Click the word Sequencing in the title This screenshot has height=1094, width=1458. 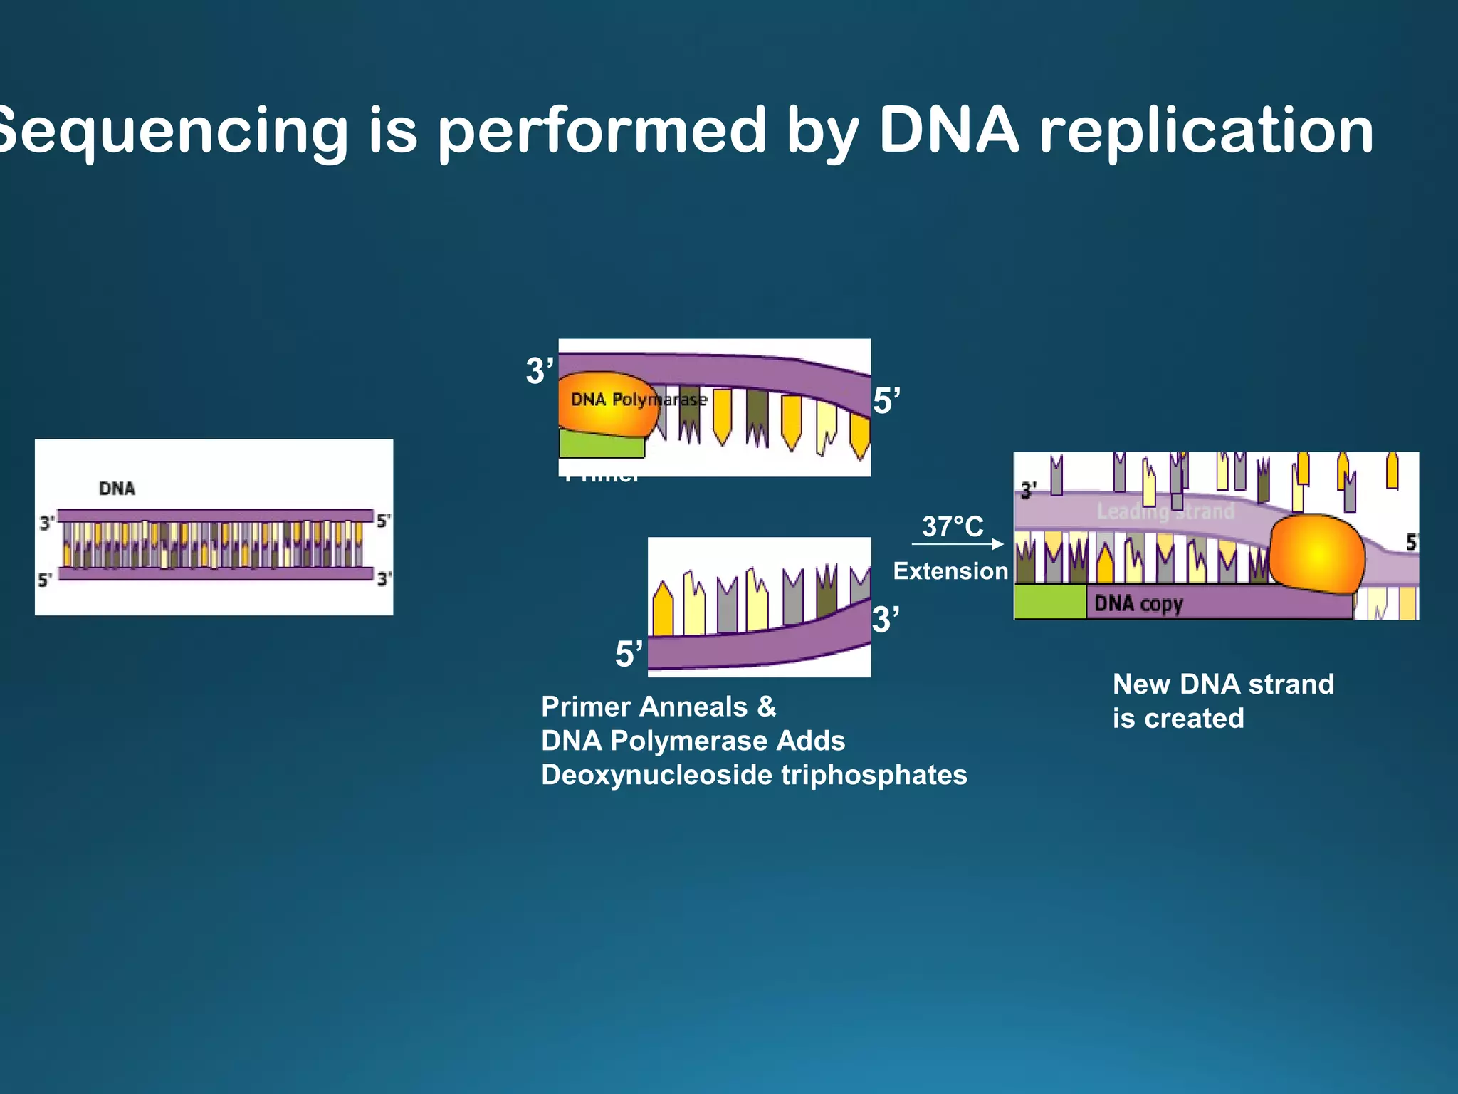point(171,132)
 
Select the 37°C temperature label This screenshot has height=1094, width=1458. point(953,527)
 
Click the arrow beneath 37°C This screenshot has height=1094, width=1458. point(958,544)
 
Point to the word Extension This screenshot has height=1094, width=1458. point(950,571)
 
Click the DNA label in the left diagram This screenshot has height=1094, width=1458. point(117,489)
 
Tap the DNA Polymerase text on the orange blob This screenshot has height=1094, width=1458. point(637,400)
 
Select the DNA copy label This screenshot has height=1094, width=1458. point(1138,604)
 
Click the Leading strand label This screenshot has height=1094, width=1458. point(1165,511)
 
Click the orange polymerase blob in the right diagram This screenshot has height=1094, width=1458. point(1317,553)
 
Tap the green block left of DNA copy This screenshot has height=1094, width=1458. point(1050,602)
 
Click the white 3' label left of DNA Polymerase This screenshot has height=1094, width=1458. point(539,371)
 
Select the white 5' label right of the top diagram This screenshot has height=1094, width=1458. point(886,401)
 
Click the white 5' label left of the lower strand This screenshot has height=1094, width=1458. point(628,654)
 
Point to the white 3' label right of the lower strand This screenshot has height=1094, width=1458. point(886,620)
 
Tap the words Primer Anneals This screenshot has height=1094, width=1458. point(644,707)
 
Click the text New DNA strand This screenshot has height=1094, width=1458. point(1223,684)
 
